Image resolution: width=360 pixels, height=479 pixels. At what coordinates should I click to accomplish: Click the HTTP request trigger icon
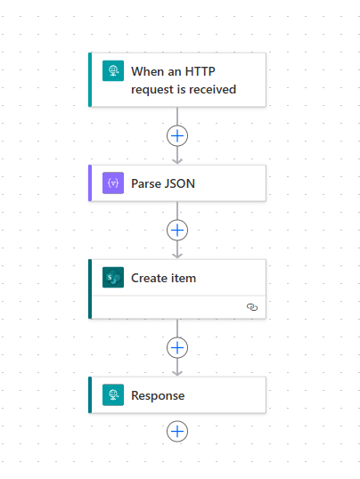(113, 71)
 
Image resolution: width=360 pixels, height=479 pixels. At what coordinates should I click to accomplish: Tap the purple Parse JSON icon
(113, 183)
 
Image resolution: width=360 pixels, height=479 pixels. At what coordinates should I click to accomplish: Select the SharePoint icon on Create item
(113, 278)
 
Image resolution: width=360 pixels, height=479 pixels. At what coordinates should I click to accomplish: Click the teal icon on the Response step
(113, 395)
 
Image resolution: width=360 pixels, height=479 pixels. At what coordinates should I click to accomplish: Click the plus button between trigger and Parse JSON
(177, 136)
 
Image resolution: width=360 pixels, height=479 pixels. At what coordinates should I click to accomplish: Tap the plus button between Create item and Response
(177, 347)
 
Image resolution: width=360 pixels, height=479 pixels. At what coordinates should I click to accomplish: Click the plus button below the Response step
(177, 431)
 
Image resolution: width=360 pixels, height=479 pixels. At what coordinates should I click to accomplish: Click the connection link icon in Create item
(252, 307)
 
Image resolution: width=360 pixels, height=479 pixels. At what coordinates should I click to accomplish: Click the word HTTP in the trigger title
(200, 71)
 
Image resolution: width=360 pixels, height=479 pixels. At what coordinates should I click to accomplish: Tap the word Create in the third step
(149, 278)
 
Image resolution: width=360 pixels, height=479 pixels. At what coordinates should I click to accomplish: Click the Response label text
(158, 395)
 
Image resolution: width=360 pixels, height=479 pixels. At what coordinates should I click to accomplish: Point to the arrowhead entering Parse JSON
(177, 160)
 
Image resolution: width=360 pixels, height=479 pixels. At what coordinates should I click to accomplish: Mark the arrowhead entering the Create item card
(177, 255)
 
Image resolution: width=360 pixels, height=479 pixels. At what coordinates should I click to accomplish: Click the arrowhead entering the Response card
(177, 373)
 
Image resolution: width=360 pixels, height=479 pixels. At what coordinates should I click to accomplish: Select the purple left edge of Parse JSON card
(90, 183)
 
